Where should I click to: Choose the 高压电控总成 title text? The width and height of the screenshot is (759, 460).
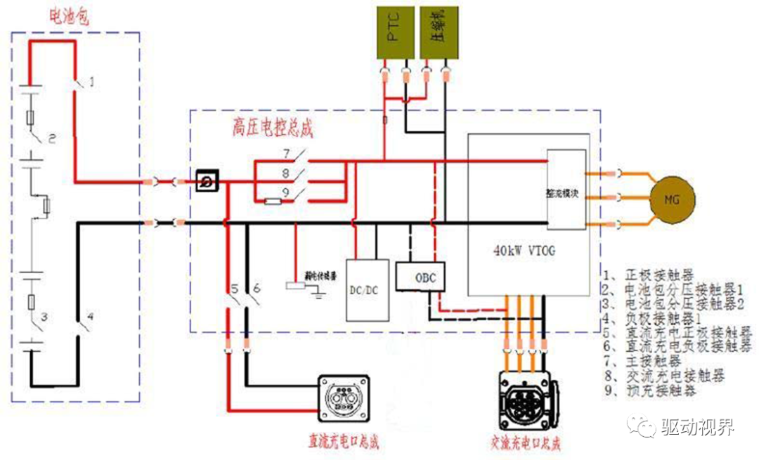pyautogui.click(x=272, y=129)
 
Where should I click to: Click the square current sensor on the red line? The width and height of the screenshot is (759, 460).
pyautogui.click(x=208, y=182)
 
